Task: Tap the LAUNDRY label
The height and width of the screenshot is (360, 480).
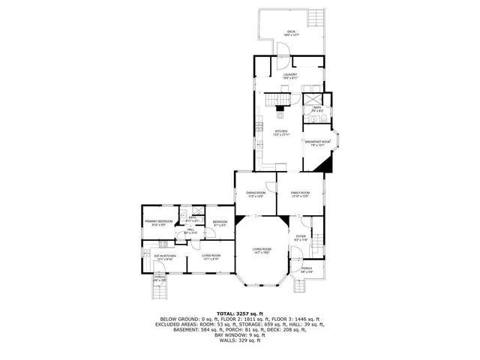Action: coord(290,75)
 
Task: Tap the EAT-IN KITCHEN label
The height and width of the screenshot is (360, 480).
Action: coord(165,256)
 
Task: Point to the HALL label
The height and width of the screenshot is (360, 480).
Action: coord(190,230)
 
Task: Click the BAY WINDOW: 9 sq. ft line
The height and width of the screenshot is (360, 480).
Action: coord(239,335)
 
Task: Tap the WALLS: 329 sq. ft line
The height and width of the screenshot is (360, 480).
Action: coord(239,340)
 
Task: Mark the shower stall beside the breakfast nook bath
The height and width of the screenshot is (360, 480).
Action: coord(313,99)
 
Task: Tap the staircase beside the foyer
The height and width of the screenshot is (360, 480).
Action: coord(317,241)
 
